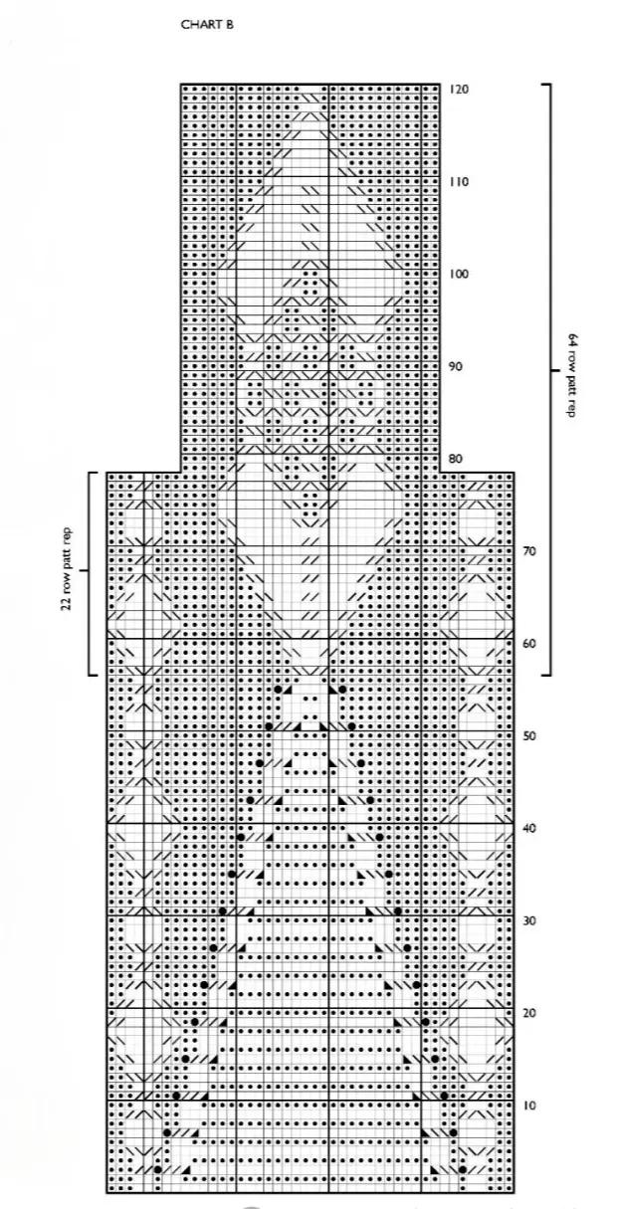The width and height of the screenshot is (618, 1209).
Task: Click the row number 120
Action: (x=459, y=89)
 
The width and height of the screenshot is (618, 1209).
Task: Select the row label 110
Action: (x=459, y=182)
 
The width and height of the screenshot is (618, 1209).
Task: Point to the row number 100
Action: (x=459, y=275)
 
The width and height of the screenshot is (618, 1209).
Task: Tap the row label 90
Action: (x=456, y=366)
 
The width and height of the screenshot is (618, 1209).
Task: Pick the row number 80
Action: (x=456, y=459)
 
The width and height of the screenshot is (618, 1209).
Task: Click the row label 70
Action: (x=529, y=551)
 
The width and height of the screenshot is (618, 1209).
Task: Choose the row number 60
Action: (x=529, y=644)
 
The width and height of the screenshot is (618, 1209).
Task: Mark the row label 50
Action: (x=529, y=736)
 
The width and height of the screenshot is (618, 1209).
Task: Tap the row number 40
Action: (x=529, y=829)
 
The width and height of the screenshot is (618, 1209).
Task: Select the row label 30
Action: (x=529, y=920)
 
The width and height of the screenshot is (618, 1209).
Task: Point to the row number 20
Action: (x=529, y=1013)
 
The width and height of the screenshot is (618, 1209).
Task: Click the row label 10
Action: (x=529, y=1106)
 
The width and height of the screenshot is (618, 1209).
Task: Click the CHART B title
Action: (x=207, y=24)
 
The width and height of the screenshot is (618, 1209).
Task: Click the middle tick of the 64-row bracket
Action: (x=555, y=370)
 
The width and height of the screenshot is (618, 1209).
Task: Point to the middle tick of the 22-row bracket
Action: (x=84, y=569)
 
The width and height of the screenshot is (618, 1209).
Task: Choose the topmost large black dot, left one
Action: (x=278, y=690)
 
